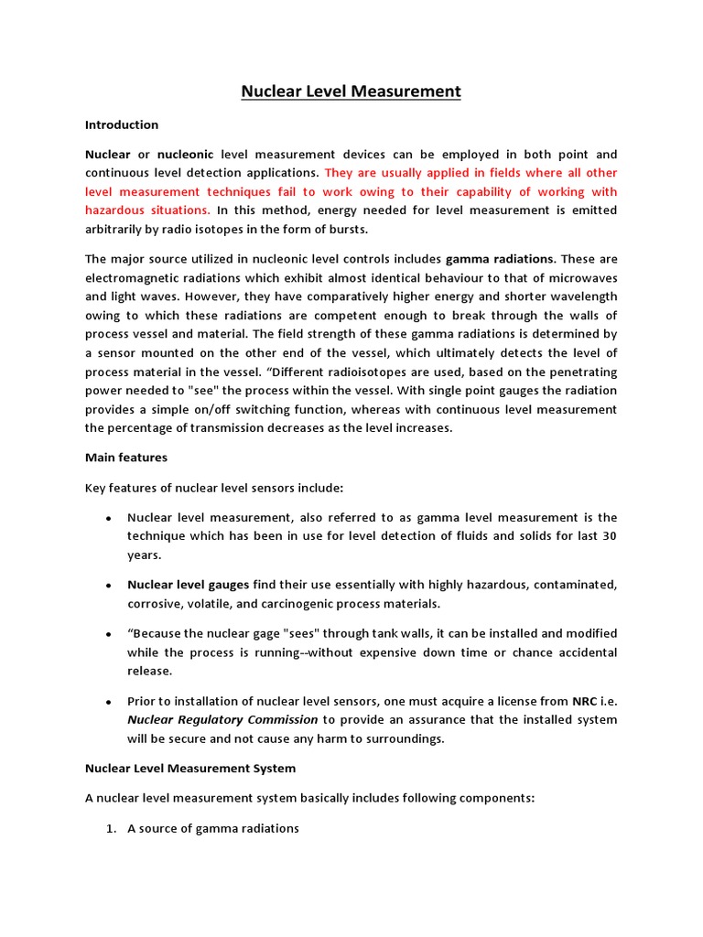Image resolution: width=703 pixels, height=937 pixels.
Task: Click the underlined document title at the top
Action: point(351,92)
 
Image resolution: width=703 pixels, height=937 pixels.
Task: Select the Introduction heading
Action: point(122,124)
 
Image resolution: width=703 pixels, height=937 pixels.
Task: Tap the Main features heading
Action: point(126,457)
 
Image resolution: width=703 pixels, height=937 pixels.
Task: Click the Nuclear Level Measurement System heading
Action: point(190,768)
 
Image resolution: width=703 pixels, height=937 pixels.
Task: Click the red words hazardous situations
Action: point(147,210)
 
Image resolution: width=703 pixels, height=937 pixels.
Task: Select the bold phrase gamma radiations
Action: point(500,258)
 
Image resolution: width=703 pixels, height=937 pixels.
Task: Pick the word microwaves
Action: point(582,277)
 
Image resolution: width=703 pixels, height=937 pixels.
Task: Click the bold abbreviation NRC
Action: point(585,701)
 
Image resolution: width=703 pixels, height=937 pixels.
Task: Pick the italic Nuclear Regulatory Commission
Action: point(222,719)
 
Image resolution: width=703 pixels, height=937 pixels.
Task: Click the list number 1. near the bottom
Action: point(111,828)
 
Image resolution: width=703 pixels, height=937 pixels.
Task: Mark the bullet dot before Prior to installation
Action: point(108,702)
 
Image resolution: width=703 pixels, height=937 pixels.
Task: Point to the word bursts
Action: point(347,229)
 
